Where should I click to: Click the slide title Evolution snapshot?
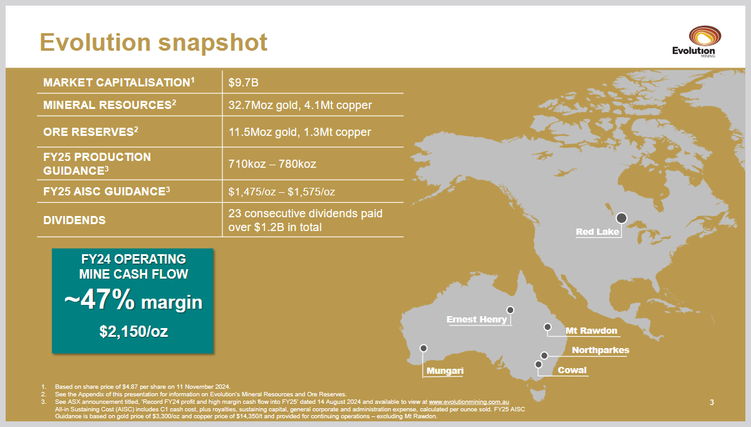click(153, 42)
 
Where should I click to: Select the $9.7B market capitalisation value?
click(243, 83)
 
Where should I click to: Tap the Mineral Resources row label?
click(110, 105)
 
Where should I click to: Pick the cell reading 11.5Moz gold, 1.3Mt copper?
click(300, 132)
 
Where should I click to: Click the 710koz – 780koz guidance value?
click(272, 164)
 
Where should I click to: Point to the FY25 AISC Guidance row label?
click(107, 192)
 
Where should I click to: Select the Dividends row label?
click(75, 220)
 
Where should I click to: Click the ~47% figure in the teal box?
click(100, 300)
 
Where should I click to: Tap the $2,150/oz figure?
click(133, 331)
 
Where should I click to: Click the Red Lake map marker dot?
click(621, 219)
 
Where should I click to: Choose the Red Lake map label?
click(598, 232)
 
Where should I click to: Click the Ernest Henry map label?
click(477, 319)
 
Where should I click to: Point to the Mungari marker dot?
click(423, 348)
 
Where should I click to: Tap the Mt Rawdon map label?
click(591, 331)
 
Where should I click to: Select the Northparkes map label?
click(601, 351)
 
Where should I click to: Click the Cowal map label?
click(572, 371)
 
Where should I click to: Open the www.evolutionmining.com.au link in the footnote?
click(469, 402)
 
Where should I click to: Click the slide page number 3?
click(712, 403)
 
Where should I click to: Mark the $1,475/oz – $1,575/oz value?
click(282, 192)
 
